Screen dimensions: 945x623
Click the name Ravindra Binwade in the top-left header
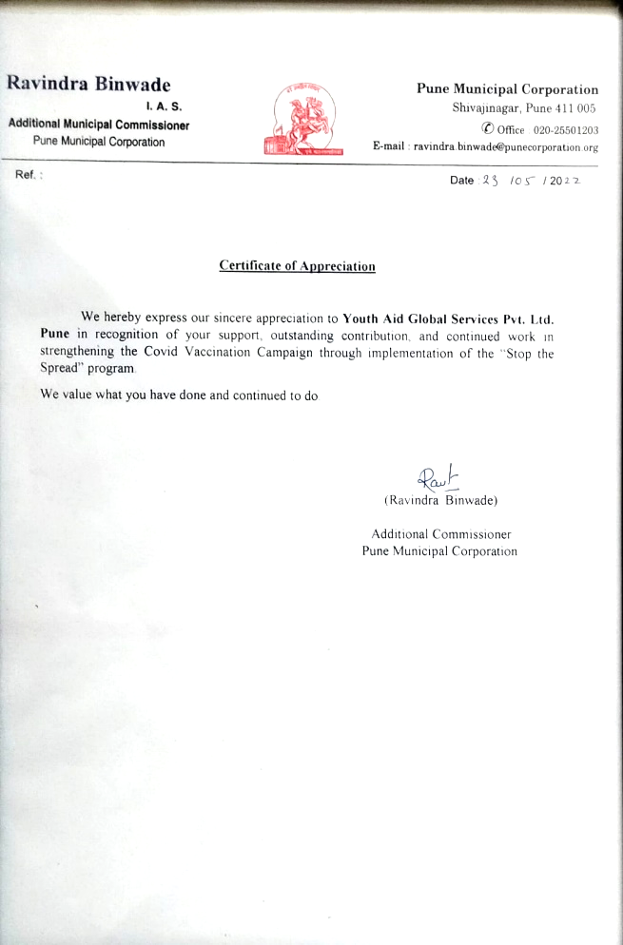88,84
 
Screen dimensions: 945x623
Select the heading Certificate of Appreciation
297,266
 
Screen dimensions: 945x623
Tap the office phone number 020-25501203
566,129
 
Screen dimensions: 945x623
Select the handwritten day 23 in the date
493,181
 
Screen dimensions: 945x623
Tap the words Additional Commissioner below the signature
440,534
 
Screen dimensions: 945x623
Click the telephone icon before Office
487,128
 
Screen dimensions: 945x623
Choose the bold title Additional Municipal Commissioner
99,125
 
